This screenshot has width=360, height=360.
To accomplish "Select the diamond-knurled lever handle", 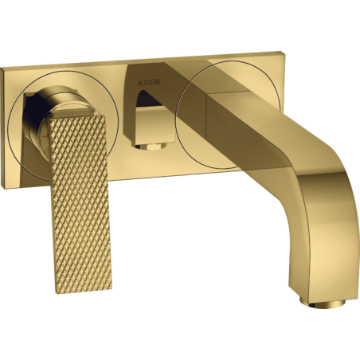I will [80, 199].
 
